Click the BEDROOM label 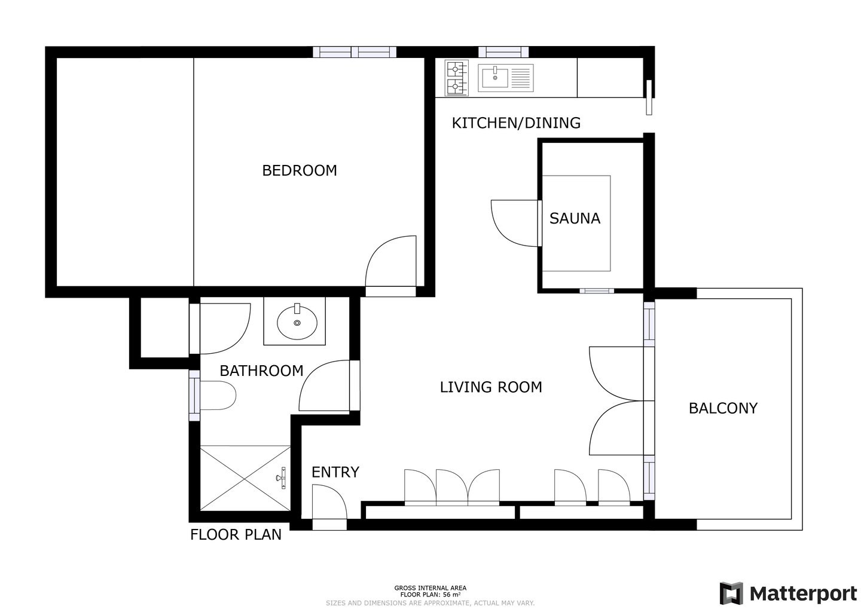pos(300,170)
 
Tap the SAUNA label pos(575,218)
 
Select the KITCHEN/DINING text pos(516,123)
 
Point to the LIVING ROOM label pos(491,387)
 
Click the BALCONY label pos(723,408)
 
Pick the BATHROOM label pos(261,371)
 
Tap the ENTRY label pos(335,472)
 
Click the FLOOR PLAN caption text pos(236,534)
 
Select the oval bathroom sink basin pos(297,323)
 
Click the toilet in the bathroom pos(218,396)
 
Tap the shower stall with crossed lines pos(245,478)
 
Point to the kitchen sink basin pos(495,78)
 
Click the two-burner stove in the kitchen pos(457,78)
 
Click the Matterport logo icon pos(731,593)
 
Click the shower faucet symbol pos(282,478)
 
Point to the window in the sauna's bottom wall pos(597,291)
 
